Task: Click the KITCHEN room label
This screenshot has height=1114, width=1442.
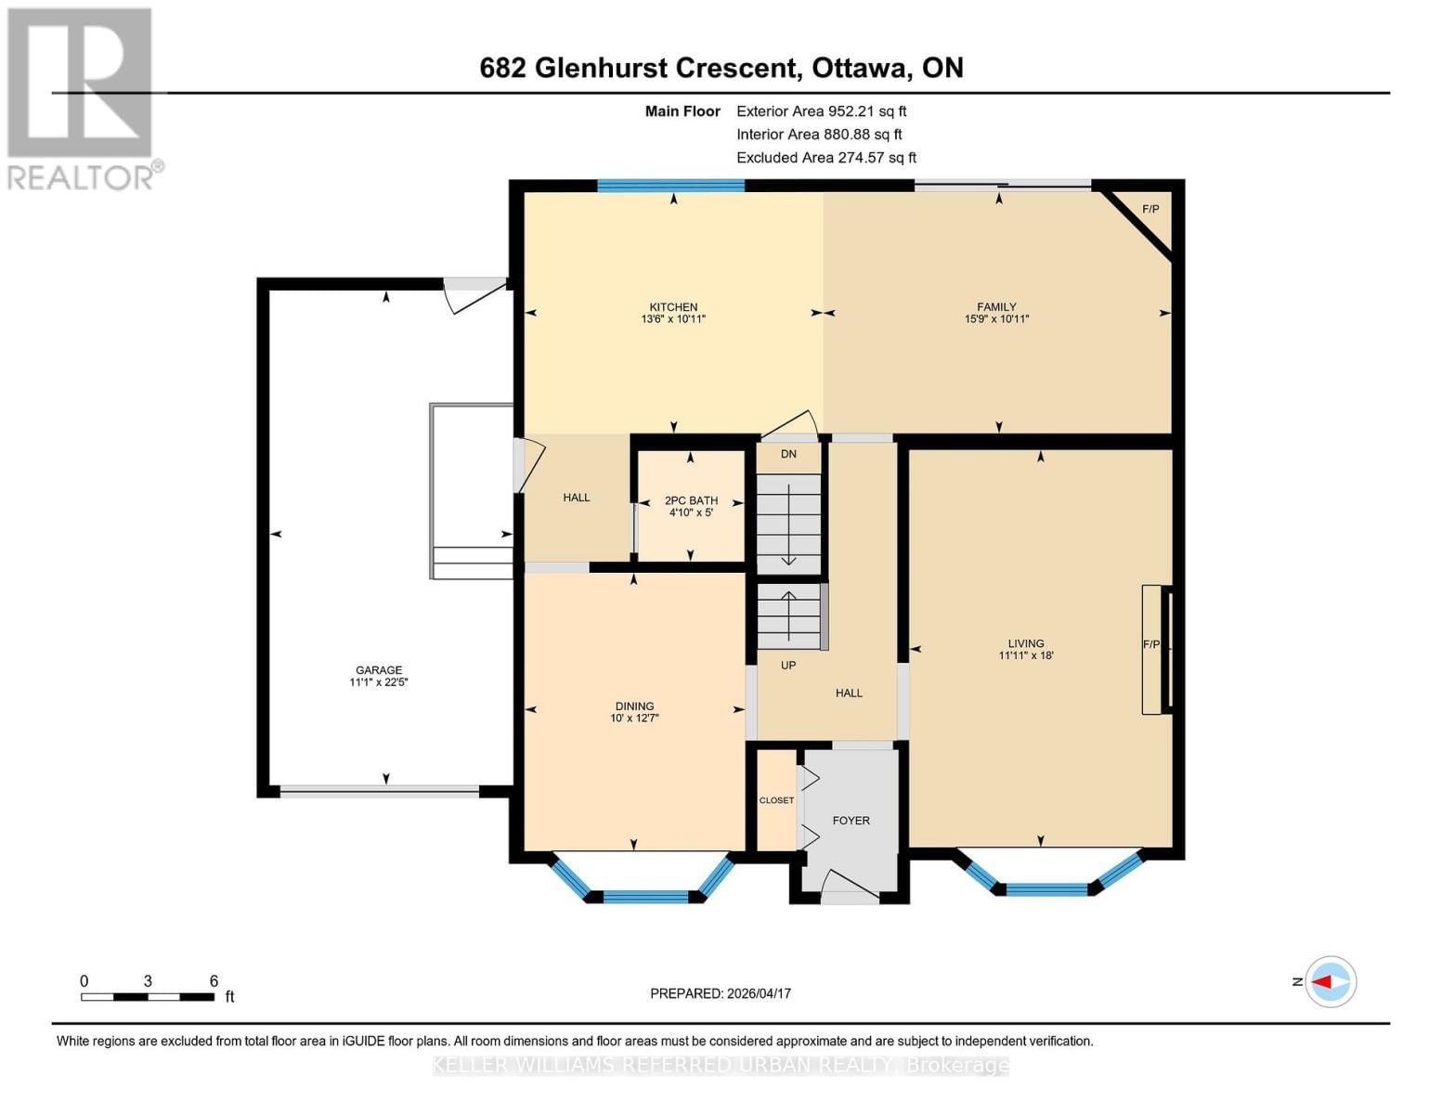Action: (x=673, y=307)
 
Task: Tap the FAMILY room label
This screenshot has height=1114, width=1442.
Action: (x=996, y=307)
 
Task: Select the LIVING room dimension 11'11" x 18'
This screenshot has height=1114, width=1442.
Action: (x=1026, y=655)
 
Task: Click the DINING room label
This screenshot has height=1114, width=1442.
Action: (x=634, y=706)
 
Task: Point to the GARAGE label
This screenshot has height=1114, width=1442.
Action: (x=379, y=670)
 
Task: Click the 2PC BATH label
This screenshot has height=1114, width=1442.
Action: (x=691, y=500)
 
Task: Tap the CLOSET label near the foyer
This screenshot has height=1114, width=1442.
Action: (x=776, y=800)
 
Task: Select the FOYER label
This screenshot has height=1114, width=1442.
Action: (x=851, y=821)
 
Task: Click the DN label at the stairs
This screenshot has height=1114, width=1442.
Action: (x=788, y=454)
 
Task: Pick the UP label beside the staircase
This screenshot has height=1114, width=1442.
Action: (x=788, y=666)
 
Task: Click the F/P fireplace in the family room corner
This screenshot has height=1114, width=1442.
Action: (x=1150, y=209)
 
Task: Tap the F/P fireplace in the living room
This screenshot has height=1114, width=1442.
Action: (x=1151, y=644)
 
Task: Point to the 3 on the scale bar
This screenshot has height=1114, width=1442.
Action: (x=148, y=981)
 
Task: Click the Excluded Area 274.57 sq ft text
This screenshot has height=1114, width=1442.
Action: (x=826, y=158)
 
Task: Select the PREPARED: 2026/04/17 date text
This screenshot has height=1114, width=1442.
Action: (x=721, y=993)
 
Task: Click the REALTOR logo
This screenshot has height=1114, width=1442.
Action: (x=82, y=97)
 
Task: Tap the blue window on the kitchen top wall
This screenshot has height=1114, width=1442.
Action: (x=670, y=186)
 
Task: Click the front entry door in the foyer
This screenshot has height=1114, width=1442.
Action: (x=850, y=887)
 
